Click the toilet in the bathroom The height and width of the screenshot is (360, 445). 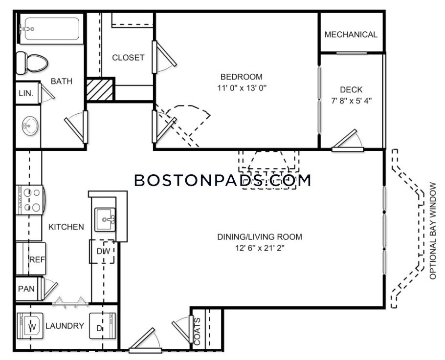pyautogui.click(x=32, y=63)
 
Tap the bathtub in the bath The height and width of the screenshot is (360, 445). pyautogui.click(x=51, y=29)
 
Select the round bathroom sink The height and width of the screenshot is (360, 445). pyautogui.click(x=30, y=126)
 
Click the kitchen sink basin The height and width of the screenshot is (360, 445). pyautogui.click(x=105, y=219)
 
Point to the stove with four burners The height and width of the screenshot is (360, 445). pyautogui.click(x=30, y=200)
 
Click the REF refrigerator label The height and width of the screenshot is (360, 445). pyautogui.click(x=37, y=259)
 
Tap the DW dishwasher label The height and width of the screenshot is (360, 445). pyautogui.click(x=103, y=251)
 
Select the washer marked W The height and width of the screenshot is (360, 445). pyautogui.click(x=30, y=326)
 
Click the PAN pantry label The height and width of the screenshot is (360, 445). pyautogui.click(x=26, y=289)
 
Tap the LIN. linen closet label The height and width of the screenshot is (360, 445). pyautogui.click(x=26, y=93)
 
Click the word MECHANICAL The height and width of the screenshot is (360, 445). pyautogui.click(x=351, y=35)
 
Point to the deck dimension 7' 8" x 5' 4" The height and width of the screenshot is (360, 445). pyautogui.click(x=351, y=101)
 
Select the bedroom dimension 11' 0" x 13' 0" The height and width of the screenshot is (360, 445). pyautogui.click(x=242, y=88)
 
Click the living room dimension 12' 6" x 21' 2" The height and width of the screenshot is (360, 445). pyautogui.click(x=260, y=248)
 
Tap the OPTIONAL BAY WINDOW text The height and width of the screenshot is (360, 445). pyautogui.click(x=432, y=231)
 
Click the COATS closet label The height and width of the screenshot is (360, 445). pyautogui.click(x=197, y=331)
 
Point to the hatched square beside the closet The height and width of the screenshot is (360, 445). pyautogui.click(x=100, y=89)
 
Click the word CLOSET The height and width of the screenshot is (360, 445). pyautogui.click(x=128, y=58)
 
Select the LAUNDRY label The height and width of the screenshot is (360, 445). pyautogui.click(x=65, y=326)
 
